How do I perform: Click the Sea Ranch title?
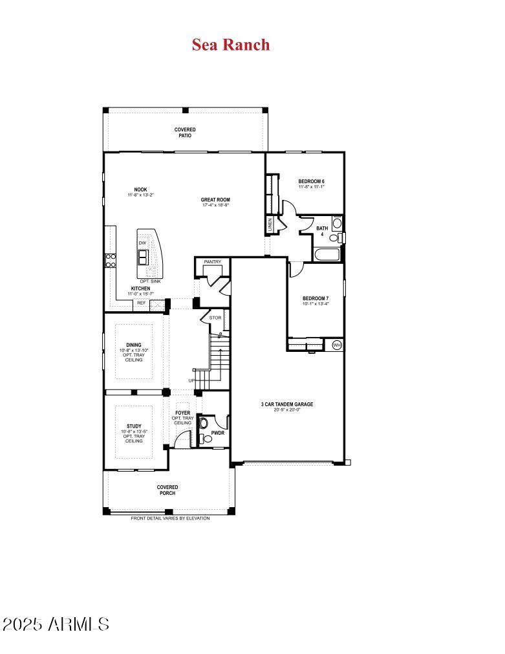pyautogui.click(x=231, y=45)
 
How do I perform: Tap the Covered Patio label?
pyautogui.click(x=185, y=133)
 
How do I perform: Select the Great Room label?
pyautogui.click(x=215, y=200)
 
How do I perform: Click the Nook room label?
pyautogui.click(x=141, y=190)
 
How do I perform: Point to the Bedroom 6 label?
pyautogui.click(x=311, y=181)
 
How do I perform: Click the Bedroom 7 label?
pyautogui.click(x=316, y=298)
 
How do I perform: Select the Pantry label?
pyautogui.click(x=212, y=262)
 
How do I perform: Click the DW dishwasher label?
pyautogui.click(x=142, y=243)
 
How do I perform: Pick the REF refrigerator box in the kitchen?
pyautogui.click(x=141, y=302)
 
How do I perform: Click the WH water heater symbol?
pyautogui.click(x=336, y=345)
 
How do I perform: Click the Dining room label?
pyautogui.click(x=134, y=345)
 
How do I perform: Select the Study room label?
pyautogui.click(x=134, y=426)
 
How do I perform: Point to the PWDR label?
pyautogui.click(x=217, y=433)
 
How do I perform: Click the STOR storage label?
pyautogui.click(x=215, y=318)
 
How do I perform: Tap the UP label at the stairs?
pyautogui.click(x=191, y=380)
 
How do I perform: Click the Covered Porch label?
pyautogui.click(x=167, y=490)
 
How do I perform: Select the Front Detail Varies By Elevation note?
pyautogui.click(x=170, y=518)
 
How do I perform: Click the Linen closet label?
pyautogui.click(x=270, y=224)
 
